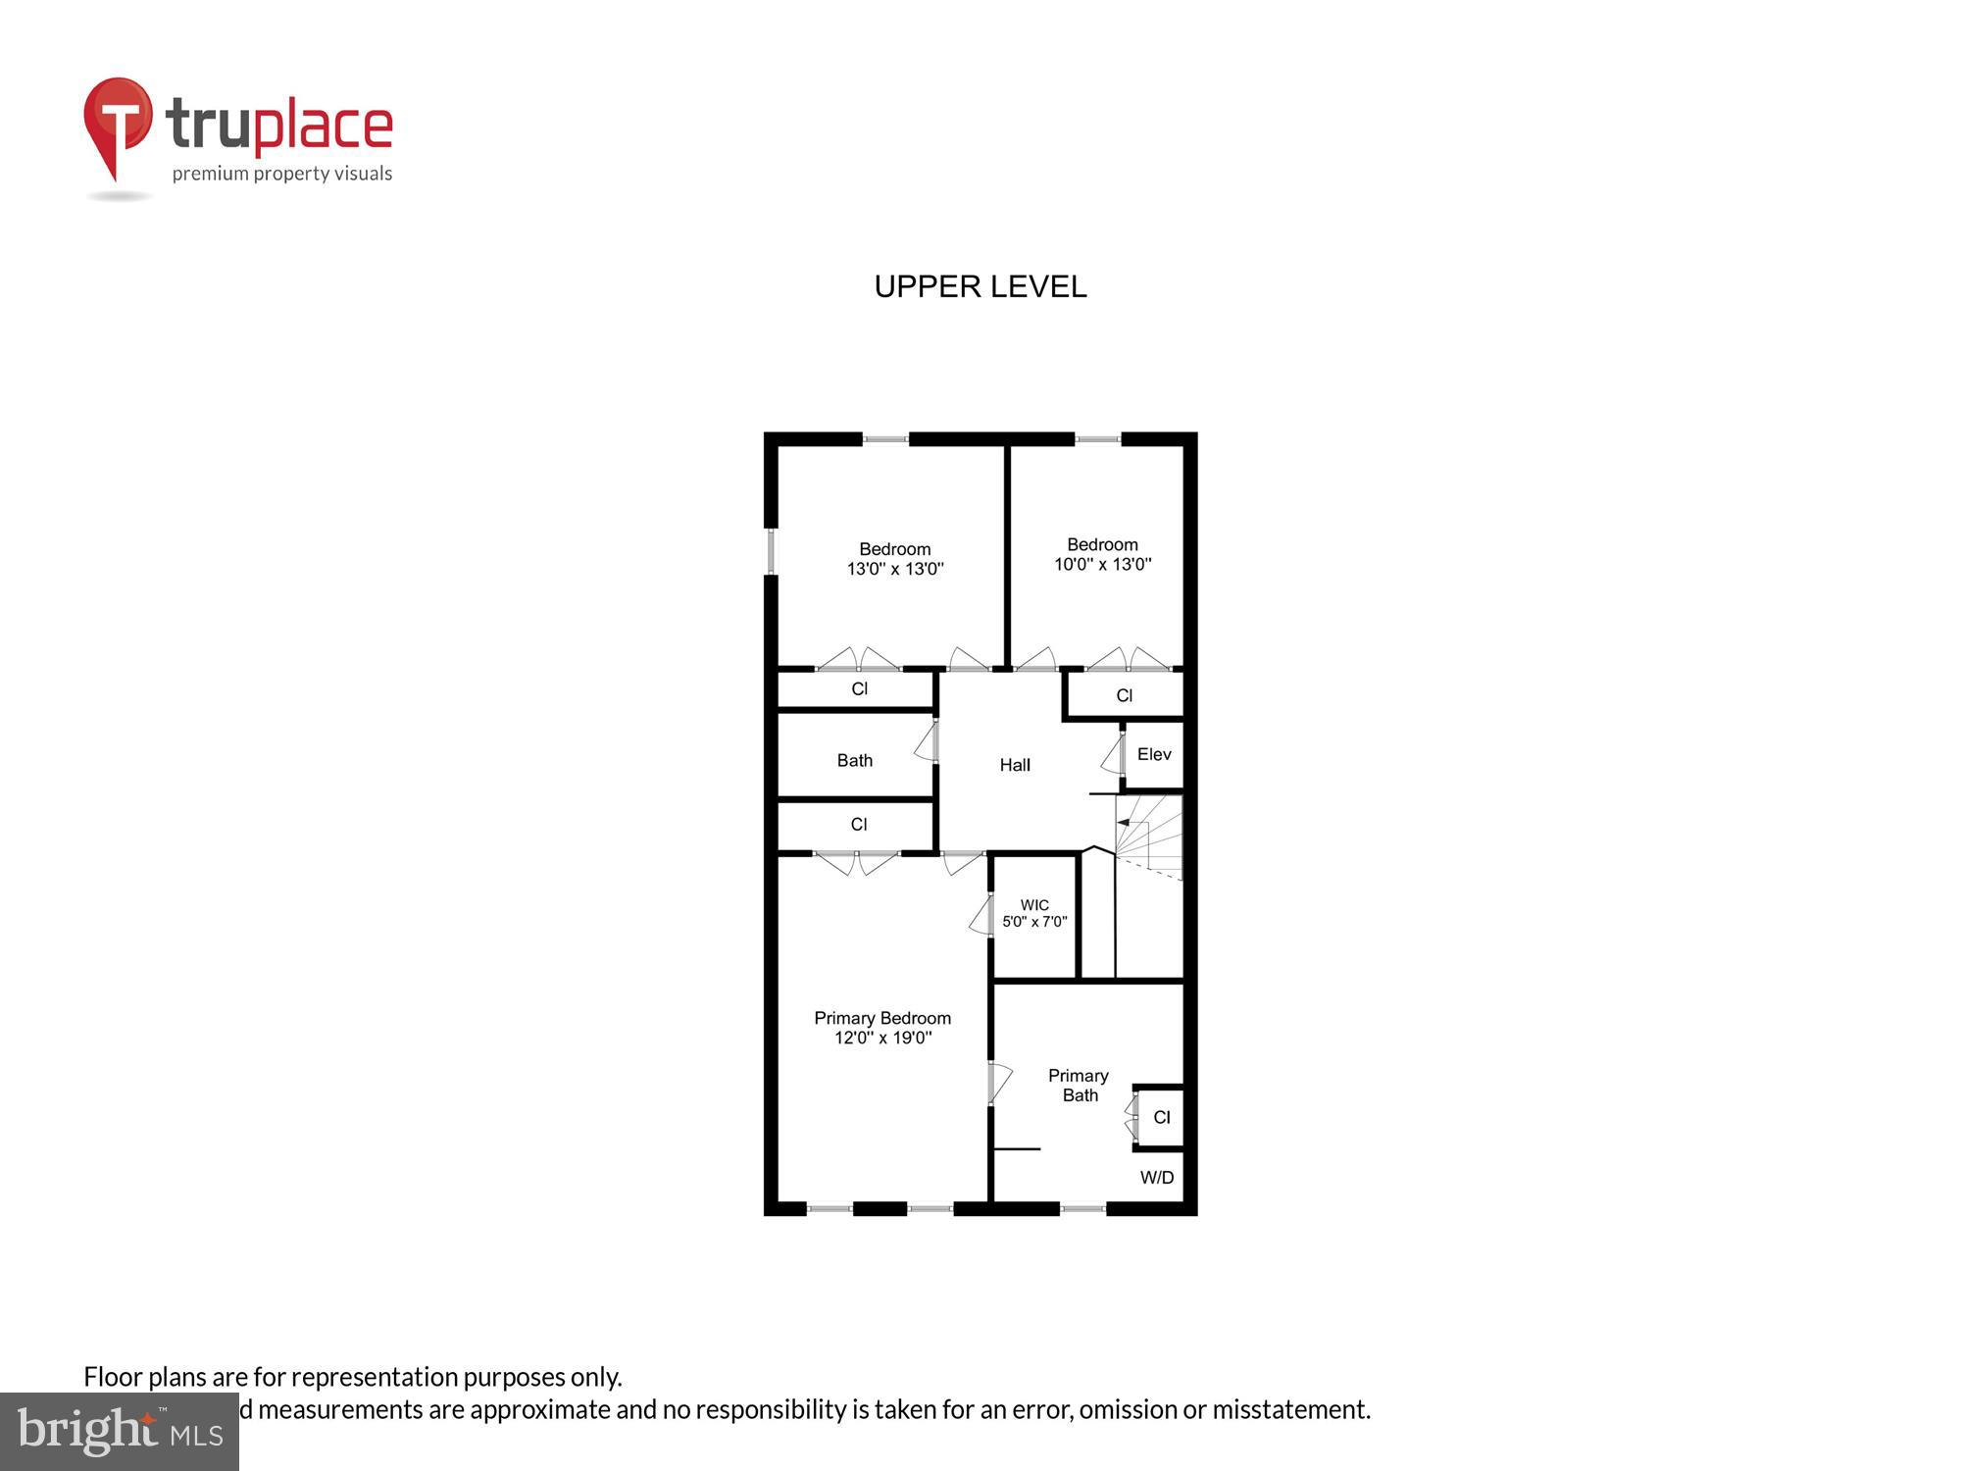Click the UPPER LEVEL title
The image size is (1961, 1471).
click(980, 286)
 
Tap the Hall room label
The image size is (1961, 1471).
click(1015, 765)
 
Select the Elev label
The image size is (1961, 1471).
click(1154, 754)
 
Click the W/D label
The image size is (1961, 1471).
click(1157, 1178)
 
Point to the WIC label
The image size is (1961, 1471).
click(1034, 905)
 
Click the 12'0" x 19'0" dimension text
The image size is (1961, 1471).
click(882, 1039)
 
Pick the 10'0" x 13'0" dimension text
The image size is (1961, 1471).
click(1102, 565)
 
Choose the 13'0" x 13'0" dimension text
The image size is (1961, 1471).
click(895, 569)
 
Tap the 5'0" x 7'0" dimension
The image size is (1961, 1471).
click(1034, 922)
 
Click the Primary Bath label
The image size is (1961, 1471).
click(1079, 1086)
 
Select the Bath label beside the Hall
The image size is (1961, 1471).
click(855, 760)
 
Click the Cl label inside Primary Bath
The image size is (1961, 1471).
click(1162, 1117)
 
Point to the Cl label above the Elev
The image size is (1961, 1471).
click(1125, 695)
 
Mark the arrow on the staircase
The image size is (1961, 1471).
click(1124, 823)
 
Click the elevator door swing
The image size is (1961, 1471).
click(1112, 755)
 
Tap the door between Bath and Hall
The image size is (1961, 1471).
click(926, 742)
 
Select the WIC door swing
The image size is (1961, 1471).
click(980, 916)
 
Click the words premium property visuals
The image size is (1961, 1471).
click(282, 175)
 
